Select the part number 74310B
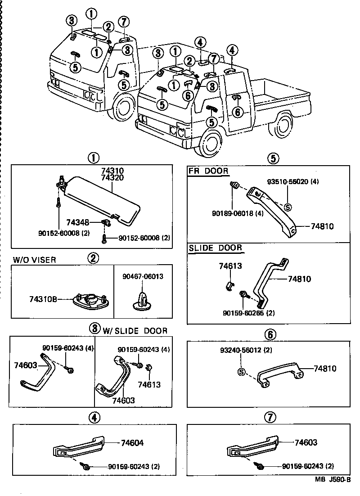click(x=43, y=298)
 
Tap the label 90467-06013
click(x=142, y=276)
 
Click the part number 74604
click(x=132, y=443)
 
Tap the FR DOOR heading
click(x=208, y=171)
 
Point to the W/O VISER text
click(x=35, y=260)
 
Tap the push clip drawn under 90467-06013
click(x=142, y=300)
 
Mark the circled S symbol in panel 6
click(x=241, y=372)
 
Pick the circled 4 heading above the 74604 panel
click(x=94, y=417)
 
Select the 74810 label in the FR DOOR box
click(x=322, y=226)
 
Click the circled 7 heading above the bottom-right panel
click(x=270, y=417)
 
